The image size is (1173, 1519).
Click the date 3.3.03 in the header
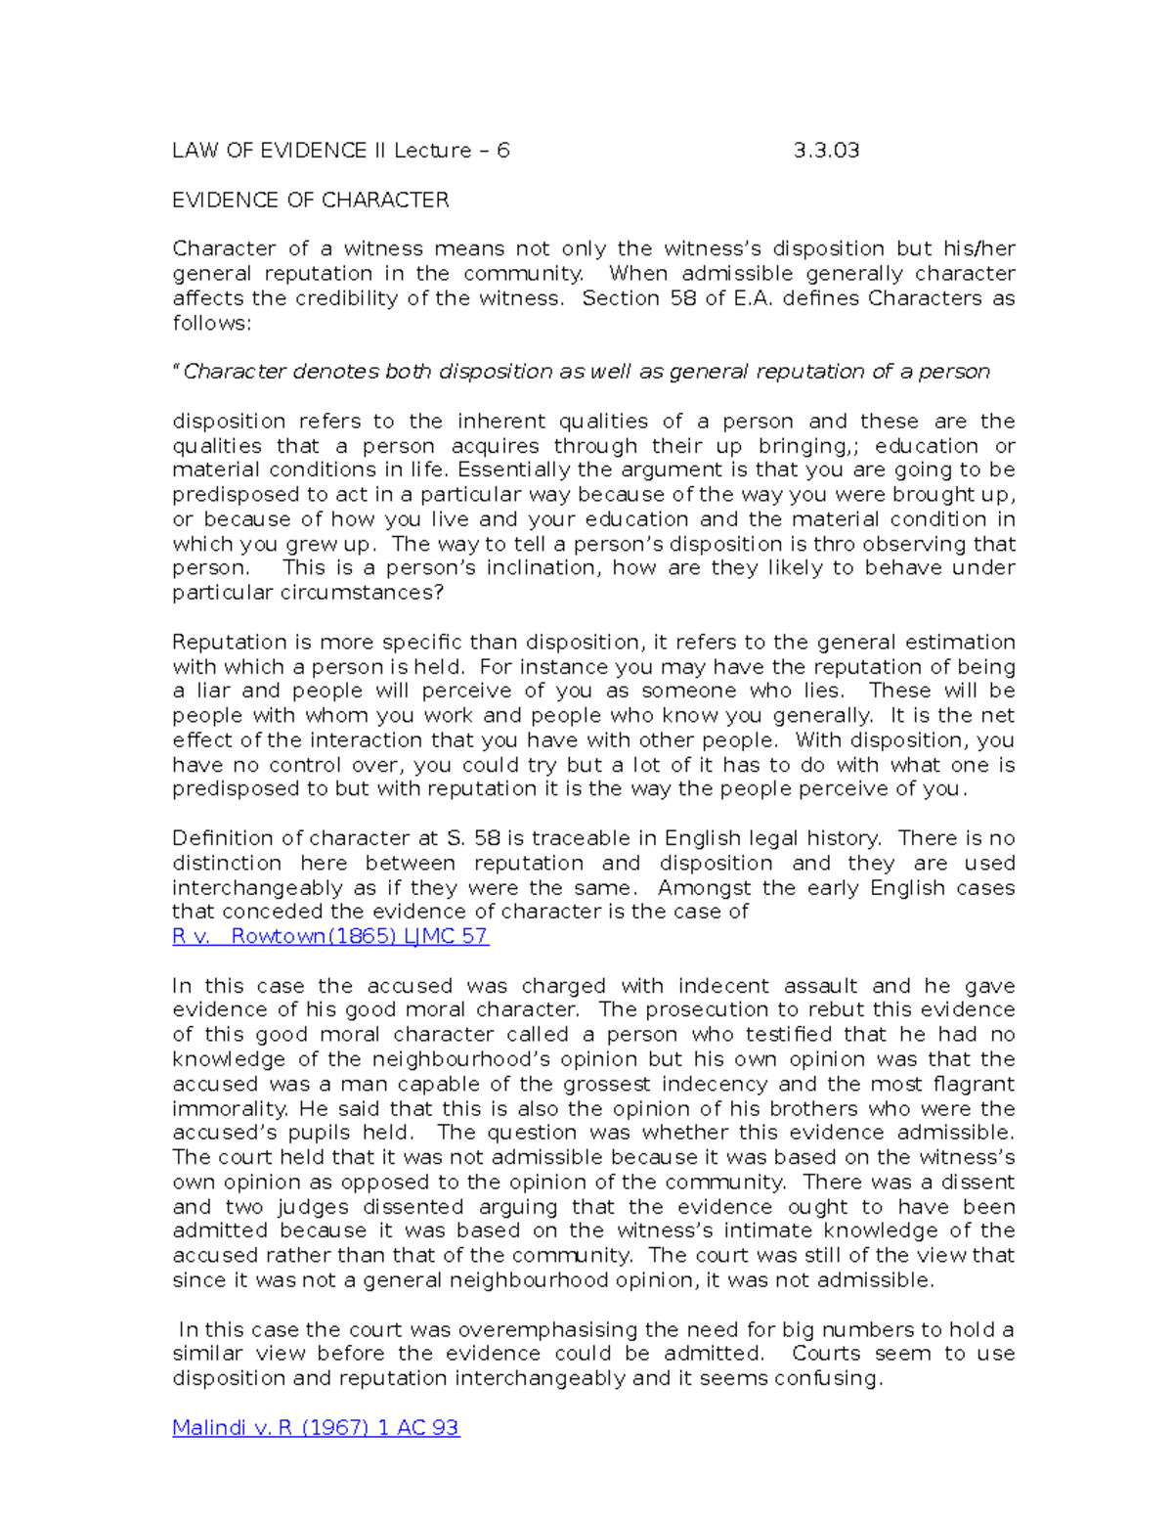[826, 151]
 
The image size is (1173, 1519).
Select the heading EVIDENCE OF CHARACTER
[310, 201]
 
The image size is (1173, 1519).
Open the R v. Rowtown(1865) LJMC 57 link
[329, 936]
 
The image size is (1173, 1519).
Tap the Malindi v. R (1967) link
[315, 1427]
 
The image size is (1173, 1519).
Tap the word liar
[207, 692]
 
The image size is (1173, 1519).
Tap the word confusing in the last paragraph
[828, 1378]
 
